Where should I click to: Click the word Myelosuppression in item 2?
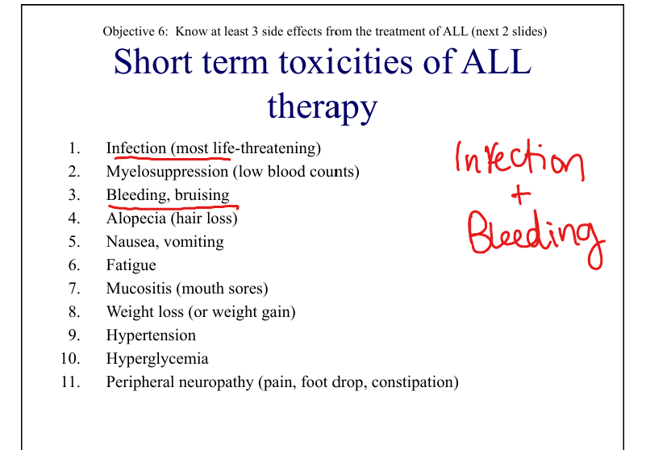coord(167,172)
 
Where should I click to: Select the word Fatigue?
coord(131,265)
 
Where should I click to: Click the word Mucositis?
coord(139,289)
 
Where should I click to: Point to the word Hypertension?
coord(151,335)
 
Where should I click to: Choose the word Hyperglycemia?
coord(157,359)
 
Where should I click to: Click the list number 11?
coord(71,381)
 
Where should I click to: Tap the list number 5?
coord(74,242)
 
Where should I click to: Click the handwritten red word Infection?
coord(520,160)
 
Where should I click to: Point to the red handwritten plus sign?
coord(521,195)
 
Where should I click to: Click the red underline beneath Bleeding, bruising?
coord(173,208)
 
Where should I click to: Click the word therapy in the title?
coord(323,107)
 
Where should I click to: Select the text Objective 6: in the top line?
coord(135,31)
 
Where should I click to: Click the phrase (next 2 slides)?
coord(509,31)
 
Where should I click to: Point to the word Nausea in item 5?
coord(131,242)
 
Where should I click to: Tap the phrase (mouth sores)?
coord(222,289)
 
